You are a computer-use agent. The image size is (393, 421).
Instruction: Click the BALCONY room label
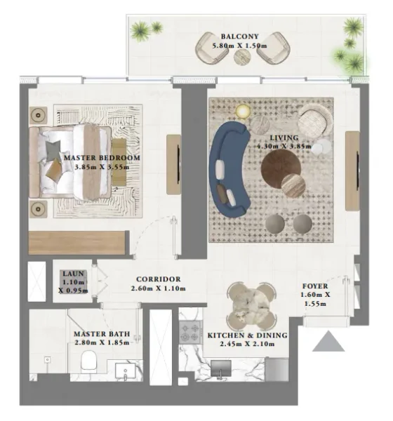[x=239, y=36]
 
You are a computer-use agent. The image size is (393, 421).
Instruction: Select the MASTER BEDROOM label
[x=102, y=158]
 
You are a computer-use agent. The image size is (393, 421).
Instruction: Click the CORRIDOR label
[x=159, y=279]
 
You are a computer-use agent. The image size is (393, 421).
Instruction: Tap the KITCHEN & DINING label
[x=247, y=335]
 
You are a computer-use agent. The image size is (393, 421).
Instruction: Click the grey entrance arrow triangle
[x=328, y=342]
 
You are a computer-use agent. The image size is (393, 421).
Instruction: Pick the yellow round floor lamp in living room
[x=242, y=111]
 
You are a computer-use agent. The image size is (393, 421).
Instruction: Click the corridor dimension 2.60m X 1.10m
[x=159, y=288]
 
